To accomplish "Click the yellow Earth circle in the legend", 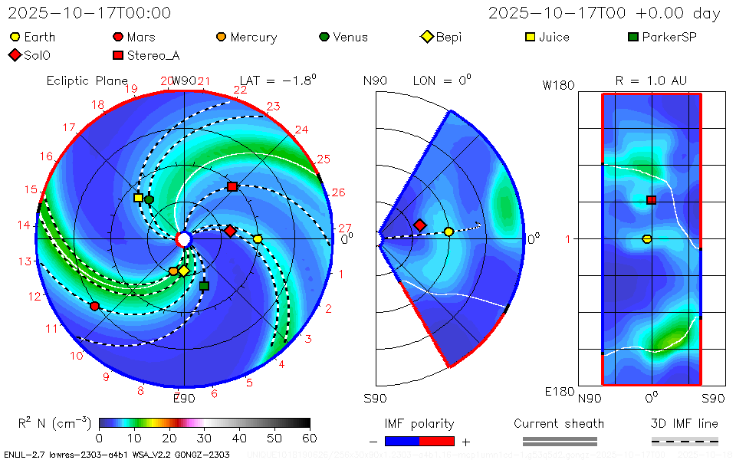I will [x=15, y=37].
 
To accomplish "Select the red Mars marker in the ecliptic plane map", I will [x=94, y=306].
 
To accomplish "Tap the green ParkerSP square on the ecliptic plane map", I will [x=204, y=286].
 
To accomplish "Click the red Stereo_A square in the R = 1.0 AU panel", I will [x=652, y=200].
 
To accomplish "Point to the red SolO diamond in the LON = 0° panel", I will [x=420, y=225].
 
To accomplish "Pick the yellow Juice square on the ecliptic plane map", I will [x=138, y=198].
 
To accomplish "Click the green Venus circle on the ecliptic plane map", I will [x=149, y=199].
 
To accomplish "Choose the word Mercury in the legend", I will [x=253, y=37].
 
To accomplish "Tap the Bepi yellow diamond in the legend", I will [x=427, y=37].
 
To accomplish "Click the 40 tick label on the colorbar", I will [x=239, y=438].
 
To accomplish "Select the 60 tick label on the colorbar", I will [x=309, y=438].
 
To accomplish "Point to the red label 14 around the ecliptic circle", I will [x=25, y=225].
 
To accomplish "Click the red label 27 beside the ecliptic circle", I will [x=345, y=228].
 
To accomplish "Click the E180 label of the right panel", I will [x=558, y=392].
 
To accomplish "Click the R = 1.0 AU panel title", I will [x=651, y=80].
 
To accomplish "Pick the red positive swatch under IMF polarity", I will [x=437, y=441].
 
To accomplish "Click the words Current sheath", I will [x=559, y=423].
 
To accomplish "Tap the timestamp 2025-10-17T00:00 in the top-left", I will [x=90, y=13].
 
